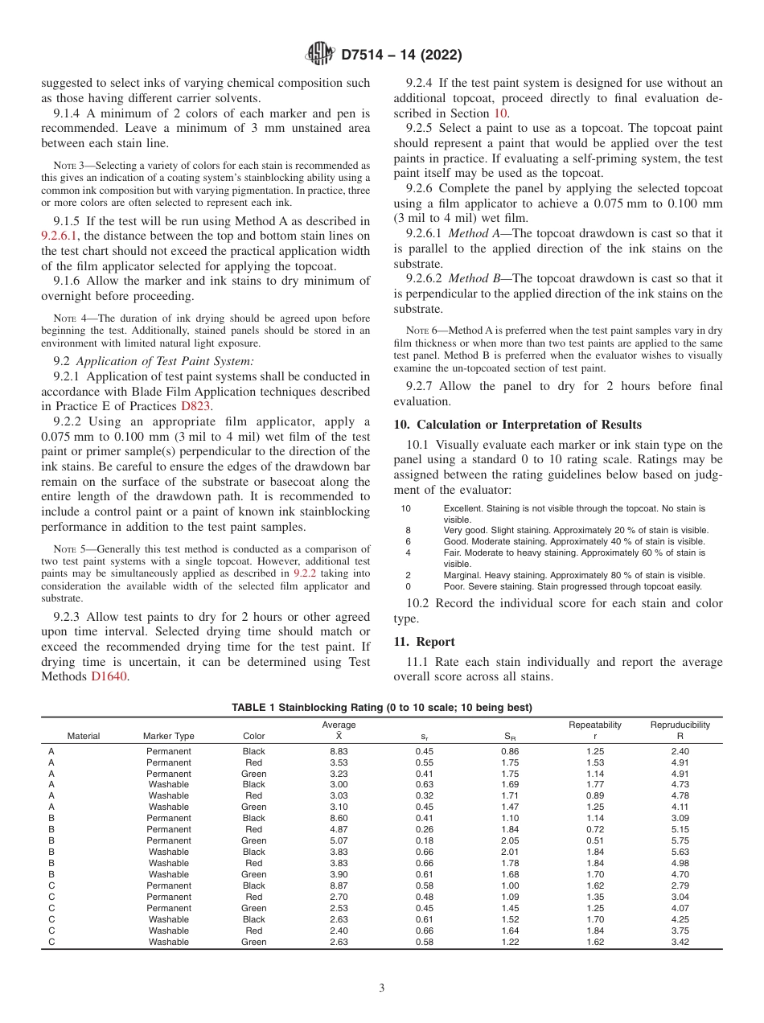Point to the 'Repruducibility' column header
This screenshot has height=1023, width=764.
click(x=680, y=725)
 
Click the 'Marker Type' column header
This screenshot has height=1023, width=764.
click(x=168, y=736)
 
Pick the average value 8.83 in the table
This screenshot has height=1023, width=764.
click(x=339, y=751)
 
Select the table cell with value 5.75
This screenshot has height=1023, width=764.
click(x=680, y=840)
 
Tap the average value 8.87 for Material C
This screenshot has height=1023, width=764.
click(x=339, y=885)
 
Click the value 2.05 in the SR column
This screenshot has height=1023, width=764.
click(x=510, y=840)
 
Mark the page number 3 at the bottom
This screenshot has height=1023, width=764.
click(x=382, y=988)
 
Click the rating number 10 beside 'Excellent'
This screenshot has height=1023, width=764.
click(x=405, y=508)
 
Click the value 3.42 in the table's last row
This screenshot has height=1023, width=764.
click(x=680, y=942)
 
